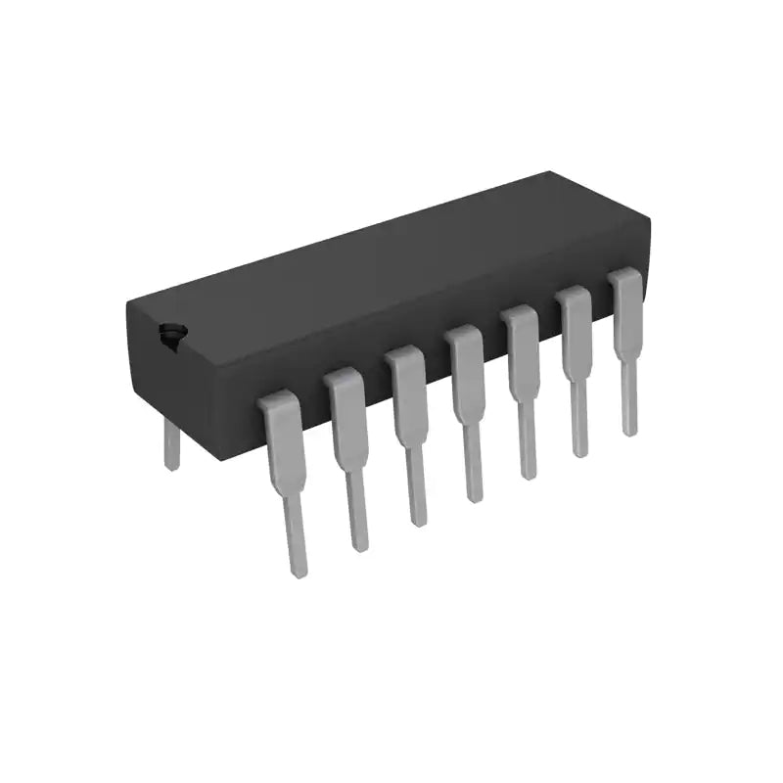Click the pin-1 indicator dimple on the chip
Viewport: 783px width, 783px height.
coord(172,334)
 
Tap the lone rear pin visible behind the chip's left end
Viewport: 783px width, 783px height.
coord(171,445)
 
